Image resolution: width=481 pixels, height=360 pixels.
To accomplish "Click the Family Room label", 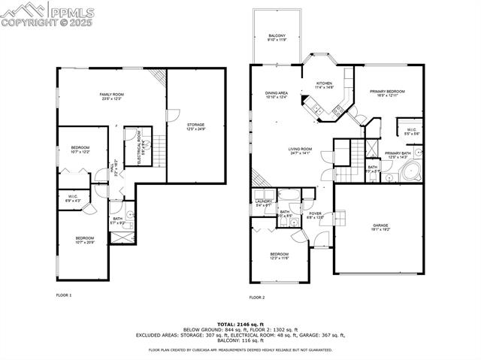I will point(111,96).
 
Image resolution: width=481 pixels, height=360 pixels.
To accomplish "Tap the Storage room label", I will point(195,126).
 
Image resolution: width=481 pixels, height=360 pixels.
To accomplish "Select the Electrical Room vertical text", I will point(139,147).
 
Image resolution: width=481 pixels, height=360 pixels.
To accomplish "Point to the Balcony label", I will point(276,37).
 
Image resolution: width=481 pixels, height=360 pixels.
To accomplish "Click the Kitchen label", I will point(324,85).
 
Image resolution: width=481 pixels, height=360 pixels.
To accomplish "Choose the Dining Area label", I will point(277,95).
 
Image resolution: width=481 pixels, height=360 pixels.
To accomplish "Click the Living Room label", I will point(299,151).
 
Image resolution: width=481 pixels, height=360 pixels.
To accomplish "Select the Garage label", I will point(380,228).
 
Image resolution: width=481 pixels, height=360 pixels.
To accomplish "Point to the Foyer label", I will point(315,215).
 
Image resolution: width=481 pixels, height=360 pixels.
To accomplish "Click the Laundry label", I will point(263,203).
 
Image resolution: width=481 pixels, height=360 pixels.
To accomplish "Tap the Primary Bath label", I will point(398,155).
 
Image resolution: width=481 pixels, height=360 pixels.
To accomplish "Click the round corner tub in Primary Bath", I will point(412,172).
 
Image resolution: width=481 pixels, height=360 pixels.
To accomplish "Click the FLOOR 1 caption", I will point(64,295).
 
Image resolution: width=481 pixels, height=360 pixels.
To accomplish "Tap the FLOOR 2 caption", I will point(257,298).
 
